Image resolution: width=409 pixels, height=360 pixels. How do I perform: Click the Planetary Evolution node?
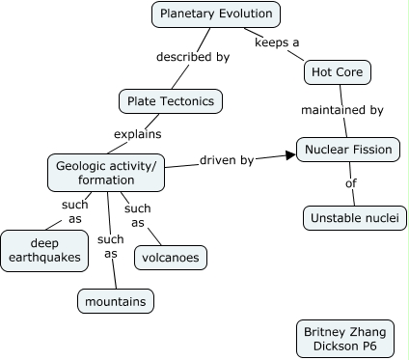217,14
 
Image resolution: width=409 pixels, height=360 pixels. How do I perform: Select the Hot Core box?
337,72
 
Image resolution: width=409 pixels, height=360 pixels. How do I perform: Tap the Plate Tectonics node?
171,100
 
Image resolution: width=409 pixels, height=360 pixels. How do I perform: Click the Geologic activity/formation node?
106,173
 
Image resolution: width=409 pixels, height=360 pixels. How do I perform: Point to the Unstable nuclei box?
354,218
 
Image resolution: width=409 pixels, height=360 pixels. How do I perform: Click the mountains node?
115,301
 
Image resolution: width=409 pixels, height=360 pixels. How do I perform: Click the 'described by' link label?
193,57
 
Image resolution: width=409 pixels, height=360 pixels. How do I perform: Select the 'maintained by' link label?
341,110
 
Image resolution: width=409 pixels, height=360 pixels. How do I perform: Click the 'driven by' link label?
227,159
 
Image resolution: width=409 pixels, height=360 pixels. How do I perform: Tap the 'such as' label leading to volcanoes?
138,215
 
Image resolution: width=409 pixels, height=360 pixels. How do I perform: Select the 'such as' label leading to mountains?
111,246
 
